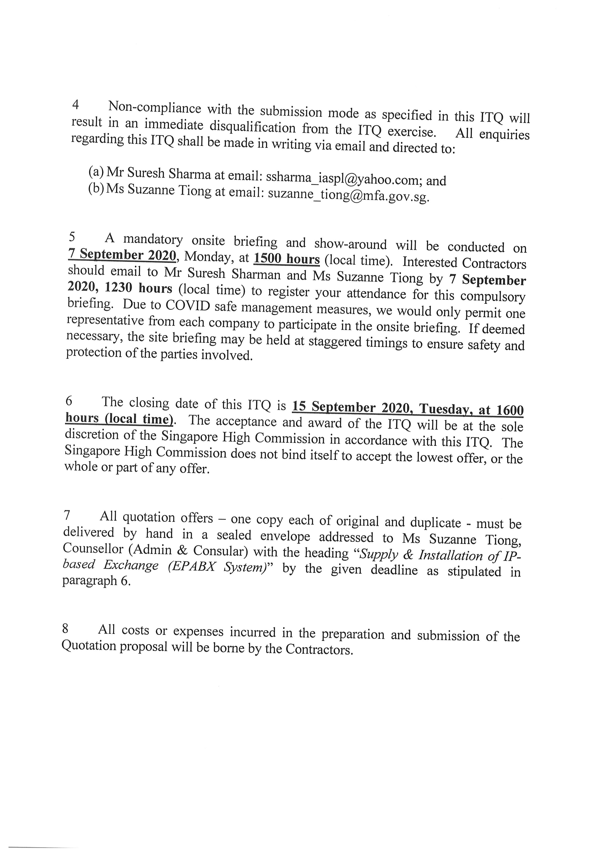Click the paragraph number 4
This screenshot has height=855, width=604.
pos(75,105)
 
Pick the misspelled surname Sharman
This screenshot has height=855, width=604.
pos(256,274)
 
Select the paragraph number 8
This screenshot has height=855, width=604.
pos(65,629)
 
